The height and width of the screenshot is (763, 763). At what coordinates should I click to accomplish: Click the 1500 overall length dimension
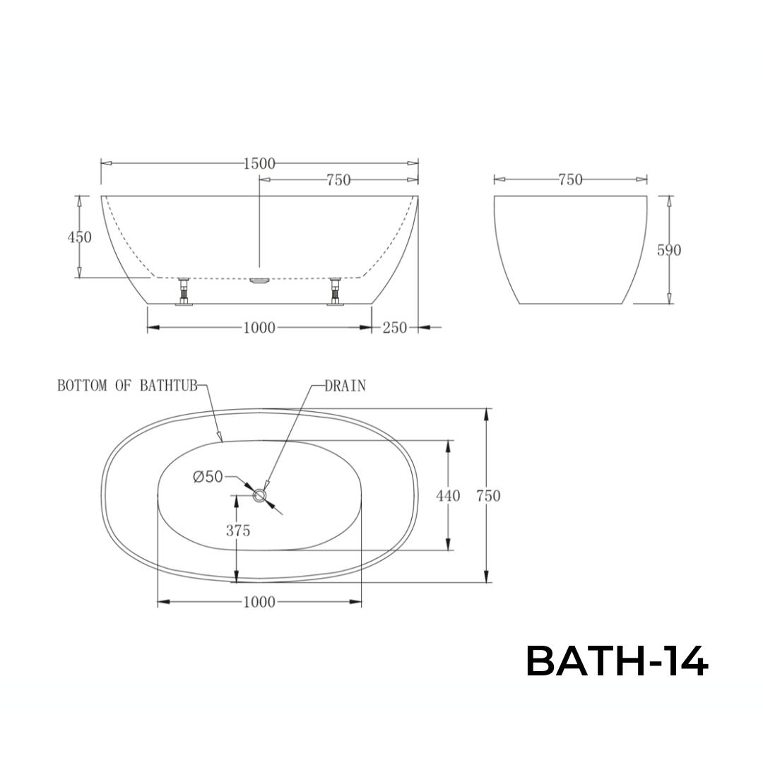pos(259,164)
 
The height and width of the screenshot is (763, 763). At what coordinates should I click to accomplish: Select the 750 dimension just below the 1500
pos(338,180)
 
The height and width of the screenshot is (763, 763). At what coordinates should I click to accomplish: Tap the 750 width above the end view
pos(570,180)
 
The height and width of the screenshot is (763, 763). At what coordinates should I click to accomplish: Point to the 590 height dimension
pos(669,250)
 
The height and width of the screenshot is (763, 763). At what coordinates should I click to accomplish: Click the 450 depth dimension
pos(79,237)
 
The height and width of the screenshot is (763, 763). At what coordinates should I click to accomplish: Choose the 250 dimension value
pos(395,328)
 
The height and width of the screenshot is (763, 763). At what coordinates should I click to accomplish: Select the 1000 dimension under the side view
pos(259,328)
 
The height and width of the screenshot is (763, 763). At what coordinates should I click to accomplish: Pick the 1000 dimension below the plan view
pos(259,603)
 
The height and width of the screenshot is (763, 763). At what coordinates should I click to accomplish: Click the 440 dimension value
pos(448,496)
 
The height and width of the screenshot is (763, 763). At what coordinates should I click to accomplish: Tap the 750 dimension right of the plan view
pos(488,496)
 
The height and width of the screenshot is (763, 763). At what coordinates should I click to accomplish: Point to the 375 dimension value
pos(238,531)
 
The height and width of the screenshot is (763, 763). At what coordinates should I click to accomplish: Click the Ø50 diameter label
pos(208,478)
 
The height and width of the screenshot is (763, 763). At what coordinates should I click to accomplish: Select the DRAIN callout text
pos(345,386)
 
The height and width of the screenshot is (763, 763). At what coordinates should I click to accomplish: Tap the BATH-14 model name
pos(616,663)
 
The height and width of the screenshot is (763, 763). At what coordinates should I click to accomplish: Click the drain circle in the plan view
pos(261,496)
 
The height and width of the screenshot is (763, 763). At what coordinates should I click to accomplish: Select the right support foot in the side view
pos(335,292)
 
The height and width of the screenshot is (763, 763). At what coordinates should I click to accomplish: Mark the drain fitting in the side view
pos(260,280)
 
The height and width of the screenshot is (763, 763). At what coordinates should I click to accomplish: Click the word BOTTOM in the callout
pos(82,386)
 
